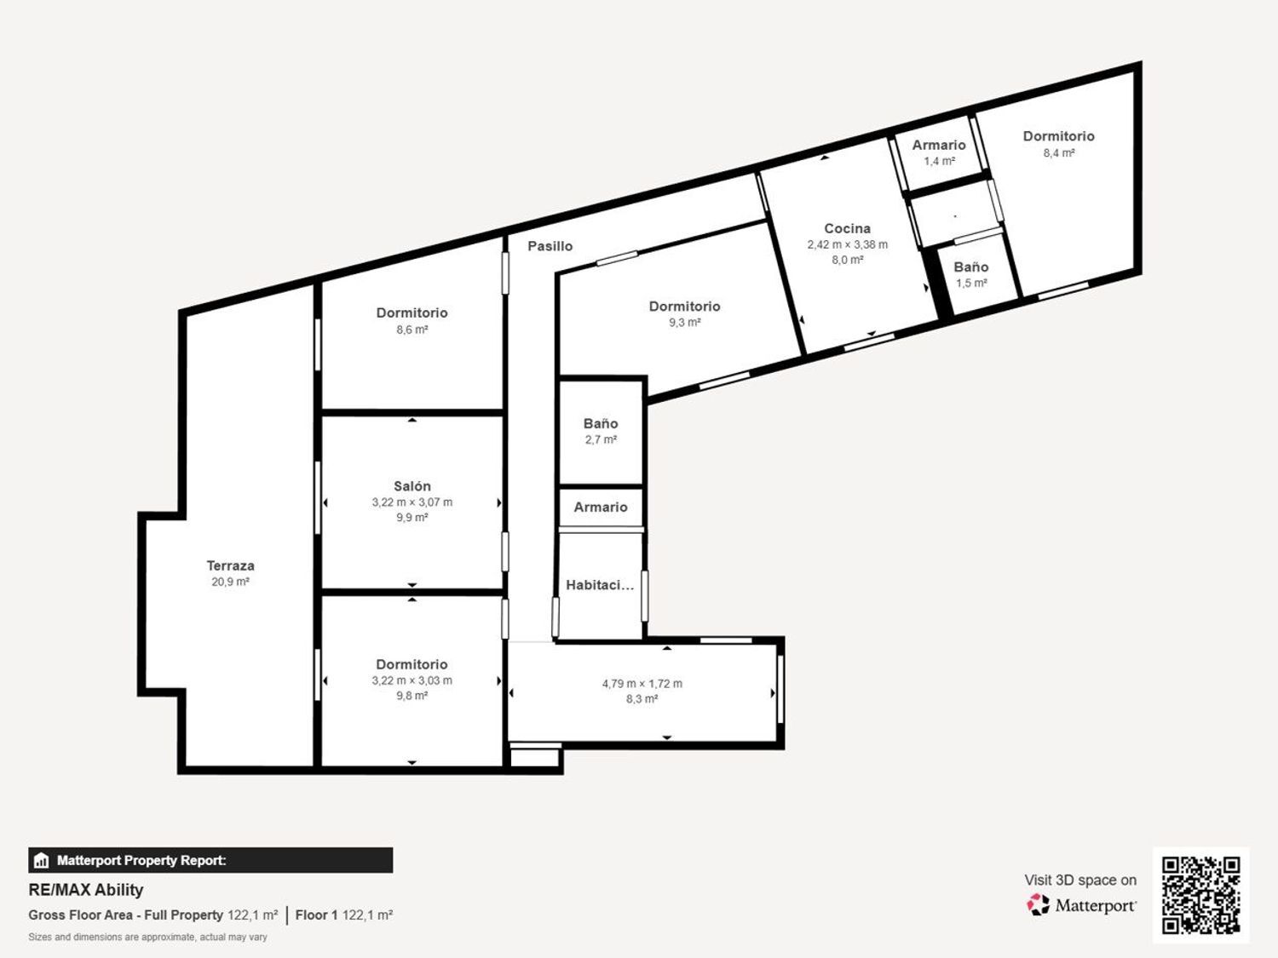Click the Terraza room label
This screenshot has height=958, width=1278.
pyautogui.click(x=231, y=565)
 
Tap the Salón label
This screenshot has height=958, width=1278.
pyautogui.click(x=412, y=486)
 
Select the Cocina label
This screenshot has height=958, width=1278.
pyautogui.click(x=847, y=228)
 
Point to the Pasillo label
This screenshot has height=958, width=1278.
pyautogui.click(x=550, y=246)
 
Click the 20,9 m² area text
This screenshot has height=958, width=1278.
pyautogui.click(x=231, y=582)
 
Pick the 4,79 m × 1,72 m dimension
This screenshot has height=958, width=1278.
pyautogui.click(x=642, y=684)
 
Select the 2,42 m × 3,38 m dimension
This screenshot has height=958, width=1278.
pyautogui.click(x=847, y=245)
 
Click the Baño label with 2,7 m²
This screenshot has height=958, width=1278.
pyautogui.click(x=601, y=423)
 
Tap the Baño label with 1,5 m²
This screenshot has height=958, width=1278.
pyautogui.click(x=971, y=267)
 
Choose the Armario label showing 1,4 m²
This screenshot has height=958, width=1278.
pyautogui.click(x=939, y=145)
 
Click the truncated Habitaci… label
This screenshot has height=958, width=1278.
pyautogui.click(x=600, y=585)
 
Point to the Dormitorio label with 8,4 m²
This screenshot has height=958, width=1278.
pyautogui.click(x=1058, y=136)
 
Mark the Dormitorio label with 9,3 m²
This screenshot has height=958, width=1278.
pyautogui.click(x=685, y=307)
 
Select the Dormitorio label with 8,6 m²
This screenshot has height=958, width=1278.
pyautogui.click(x=412, y=313)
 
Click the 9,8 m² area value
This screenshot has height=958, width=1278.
pyautogui.click(x=412, y=696)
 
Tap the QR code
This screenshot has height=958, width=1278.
pyautogui.click(x=1200, y=895)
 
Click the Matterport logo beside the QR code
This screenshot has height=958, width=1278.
pyautogui.click(x=1080, y=905)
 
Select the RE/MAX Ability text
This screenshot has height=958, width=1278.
pyautogui.click(x=86, y=890)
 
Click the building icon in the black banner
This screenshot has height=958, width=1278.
pyautogui.click(x=42, y=860)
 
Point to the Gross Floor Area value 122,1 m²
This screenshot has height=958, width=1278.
pyautogui.click(x=253, y=915)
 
